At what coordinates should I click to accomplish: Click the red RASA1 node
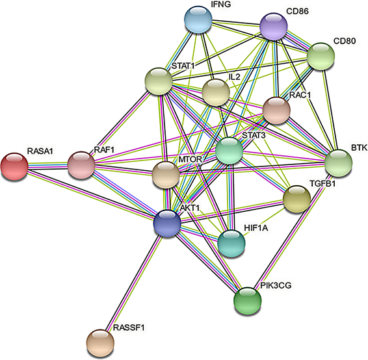pyautogui.click(x=14, y=166)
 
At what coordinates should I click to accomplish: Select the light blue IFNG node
pyautogui.click(x=198, y=19)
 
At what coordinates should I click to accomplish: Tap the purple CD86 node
pyautogui.click(x=274, y=26)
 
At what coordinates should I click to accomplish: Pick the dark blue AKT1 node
pyautogui.click(x=167, y=224)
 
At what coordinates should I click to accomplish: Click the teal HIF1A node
pyautogui.click(x=231, y=243)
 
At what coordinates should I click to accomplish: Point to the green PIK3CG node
pyautogui.click(x=248, y=300)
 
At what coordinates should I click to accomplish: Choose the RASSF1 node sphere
pyautogui.click(x=100, y=342)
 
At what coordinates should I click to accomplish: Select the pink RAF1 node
pyautogui.click(x=81, y=165)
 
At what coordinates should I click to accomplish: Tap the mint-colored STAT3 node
pyautogui.click(x=230, y=151)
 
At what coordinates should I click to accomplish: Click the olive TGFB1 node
pyautogui.click(x=297, y=199)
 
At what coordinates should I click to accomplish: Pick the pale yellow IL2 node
pyautogui.click(x=216, y=92)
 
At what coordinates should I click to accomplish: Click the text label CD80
pyautogui.click(x=345, y=41)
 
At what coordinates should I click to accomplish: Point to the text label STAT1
pyautogui.click(x=183, y=66)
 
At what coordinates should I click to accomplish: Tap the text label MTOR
pyautogui.click(x=190, y=159)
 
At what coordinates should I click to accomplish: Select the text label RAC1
pyautogui.click(x=300, y=95)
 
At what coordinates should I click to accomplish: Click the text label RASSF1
pyautogui.click(x=128, y=328)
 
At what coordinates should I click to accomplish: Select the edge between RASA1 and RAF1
pyautogui.click(x=48, y=166)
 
